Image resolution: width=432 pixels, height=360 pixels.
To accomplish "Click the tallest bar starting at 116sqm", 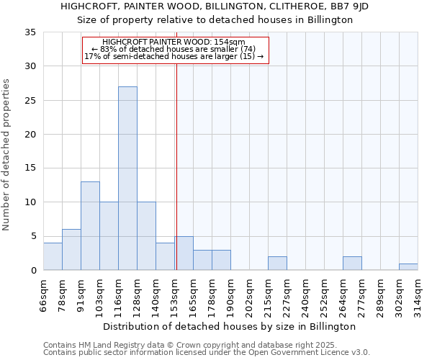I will tap(127, 179).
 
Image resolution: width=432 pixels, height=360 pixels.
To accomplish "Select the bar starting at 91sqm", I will tap(90, 226).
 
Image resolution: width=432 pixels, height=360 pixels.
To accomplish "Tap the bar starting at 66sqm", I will tap(53, 256).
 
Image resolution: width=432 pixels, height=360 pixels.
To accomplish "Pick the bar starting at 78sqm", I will tap(71, 250).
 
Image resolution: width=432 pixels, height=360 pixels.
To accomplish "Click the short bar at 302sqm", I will tap(408, 267).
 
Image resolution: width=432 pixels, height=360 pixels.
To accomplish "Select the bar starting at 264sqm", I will tap(352, 264).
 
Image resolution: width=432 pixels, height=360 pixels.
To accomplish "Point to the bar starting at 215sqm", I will tap(277, 264).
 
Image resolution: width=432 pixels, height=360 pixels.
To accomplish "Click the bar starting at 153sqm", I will tap(184, 253).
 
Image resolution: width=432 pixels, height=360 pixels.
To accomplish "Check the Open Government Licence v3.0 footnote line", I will tap(207, 353).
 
